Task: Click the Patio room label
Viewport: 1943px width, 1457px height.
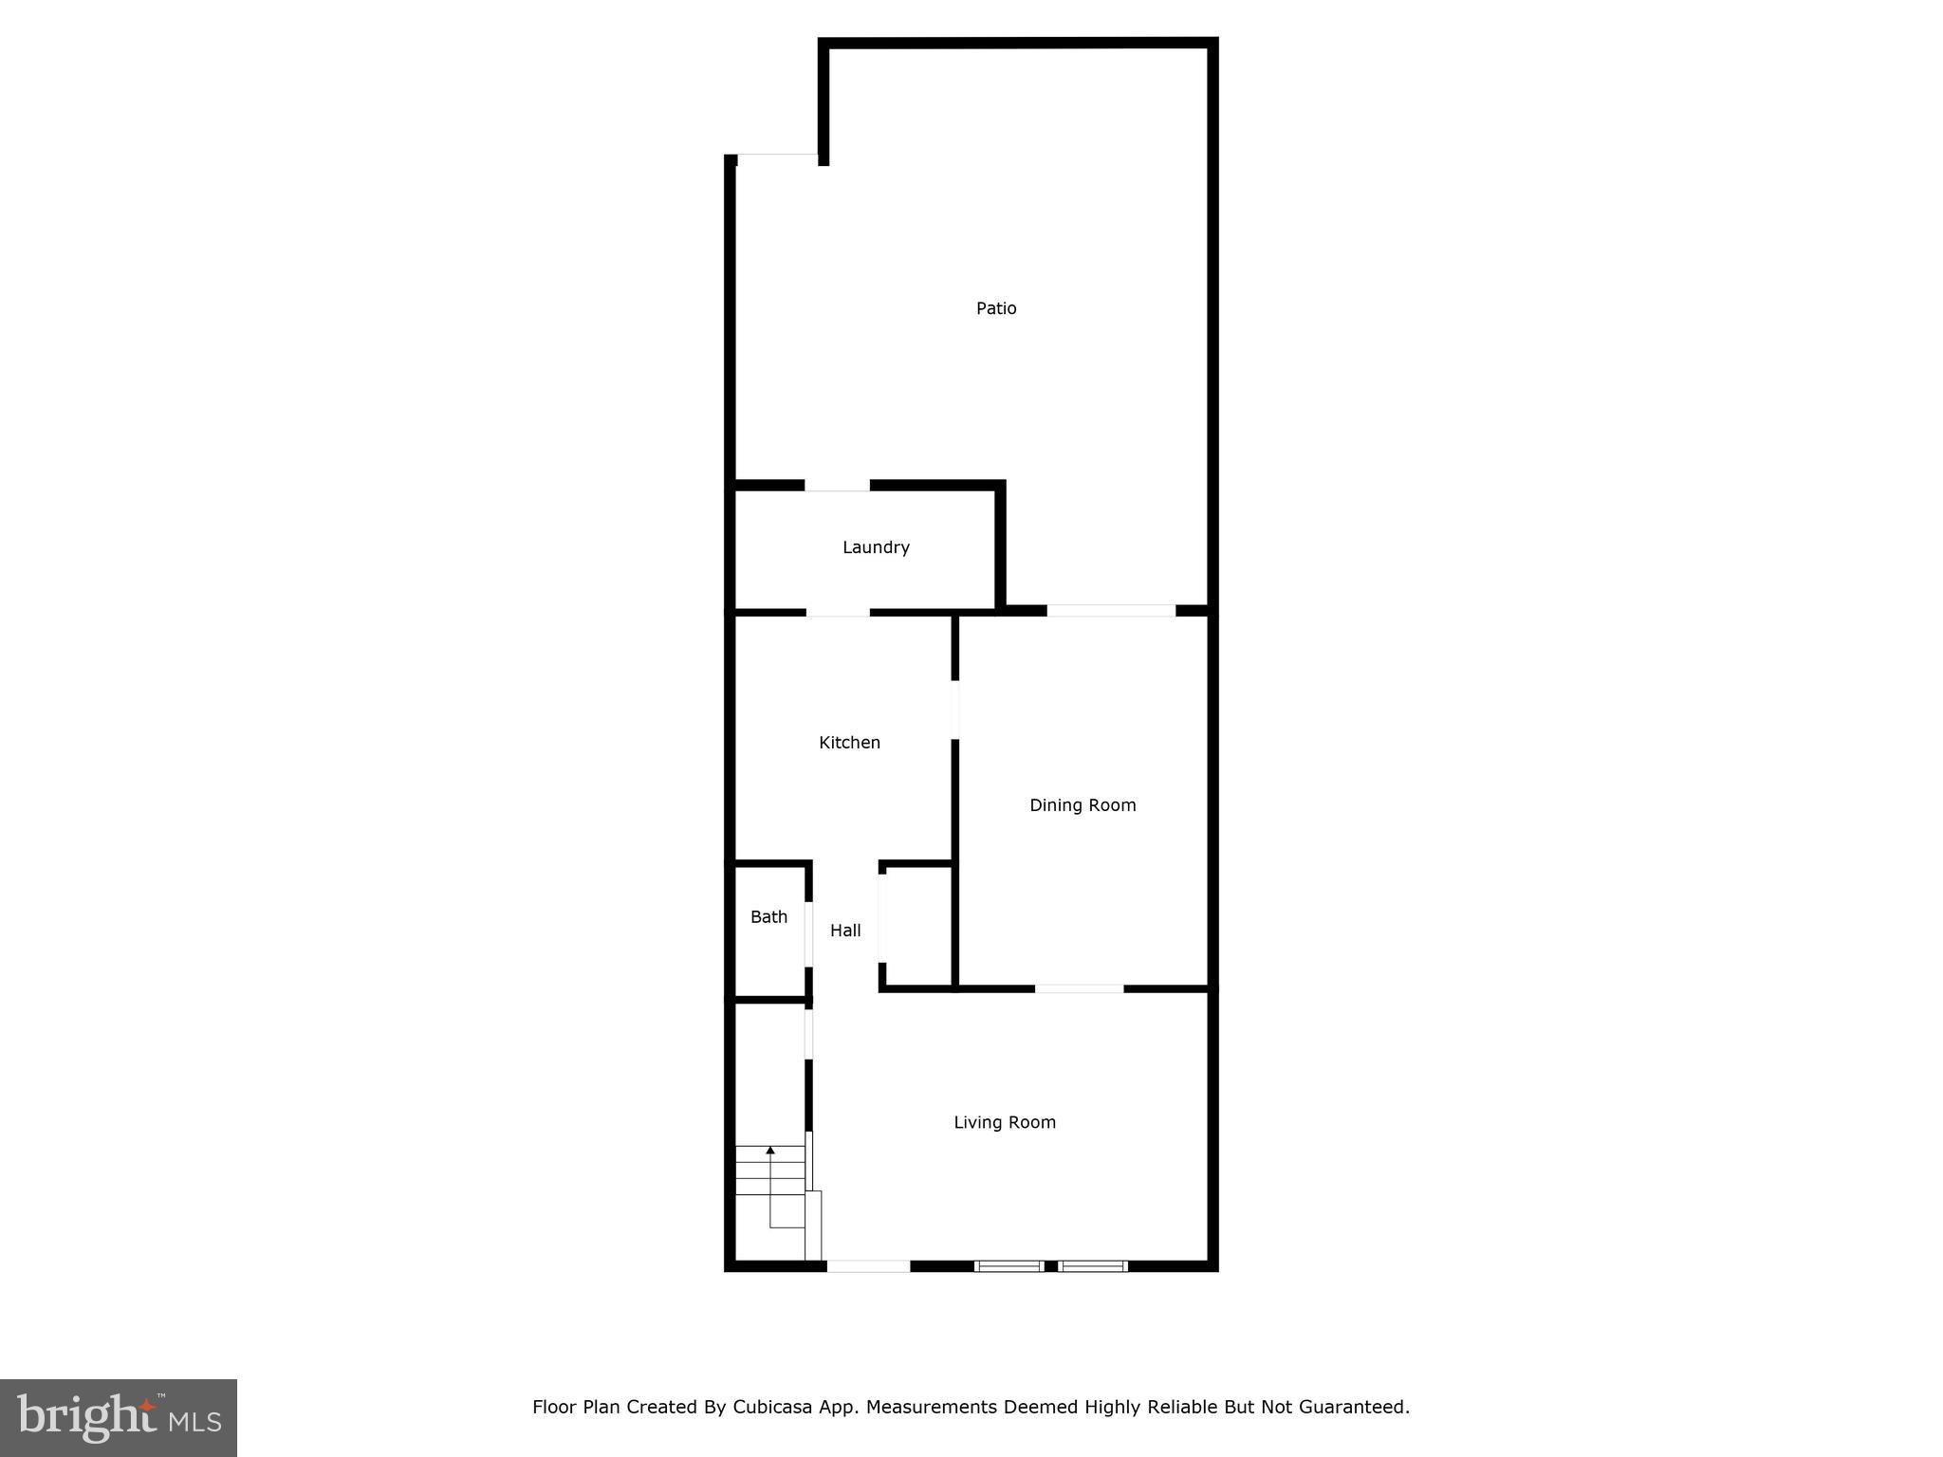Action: (996, 308)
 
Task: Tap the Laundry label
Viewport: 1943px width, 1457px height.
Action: (876, 547)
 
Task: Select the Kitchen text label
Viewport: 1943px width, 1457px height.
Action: (849, 743)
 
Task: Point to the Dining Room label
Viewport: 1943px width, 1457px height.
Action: (1083, 805)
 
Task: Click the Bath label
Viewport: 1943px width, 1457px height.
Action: (768, 917)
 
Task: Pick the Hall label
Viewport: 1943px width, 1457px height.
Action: (845, 931)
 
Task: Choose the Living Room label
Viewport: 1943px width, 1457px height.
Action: (1005, 1123)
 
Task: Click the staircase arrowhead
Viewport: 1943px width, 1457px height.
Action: (770, 1151)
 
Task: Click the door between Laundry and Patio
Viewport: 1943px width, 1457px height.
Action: (837, 486)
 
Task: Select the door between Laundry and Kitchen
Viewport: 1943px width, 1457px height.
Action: (838, 612)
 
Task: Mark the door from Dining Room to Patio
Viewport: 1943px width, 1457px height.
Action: (1111, 611)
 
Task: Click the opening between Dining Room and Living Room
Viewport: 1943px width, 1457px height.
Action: (1079, 988)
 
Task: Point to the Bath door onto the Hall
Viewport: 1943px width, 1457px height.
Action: (808, 933)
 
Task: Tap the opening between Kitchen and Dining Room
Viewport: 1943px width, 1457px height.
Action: (954, 709)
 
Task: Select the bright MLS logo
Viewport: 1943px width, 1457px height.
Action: (119, 1417)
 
